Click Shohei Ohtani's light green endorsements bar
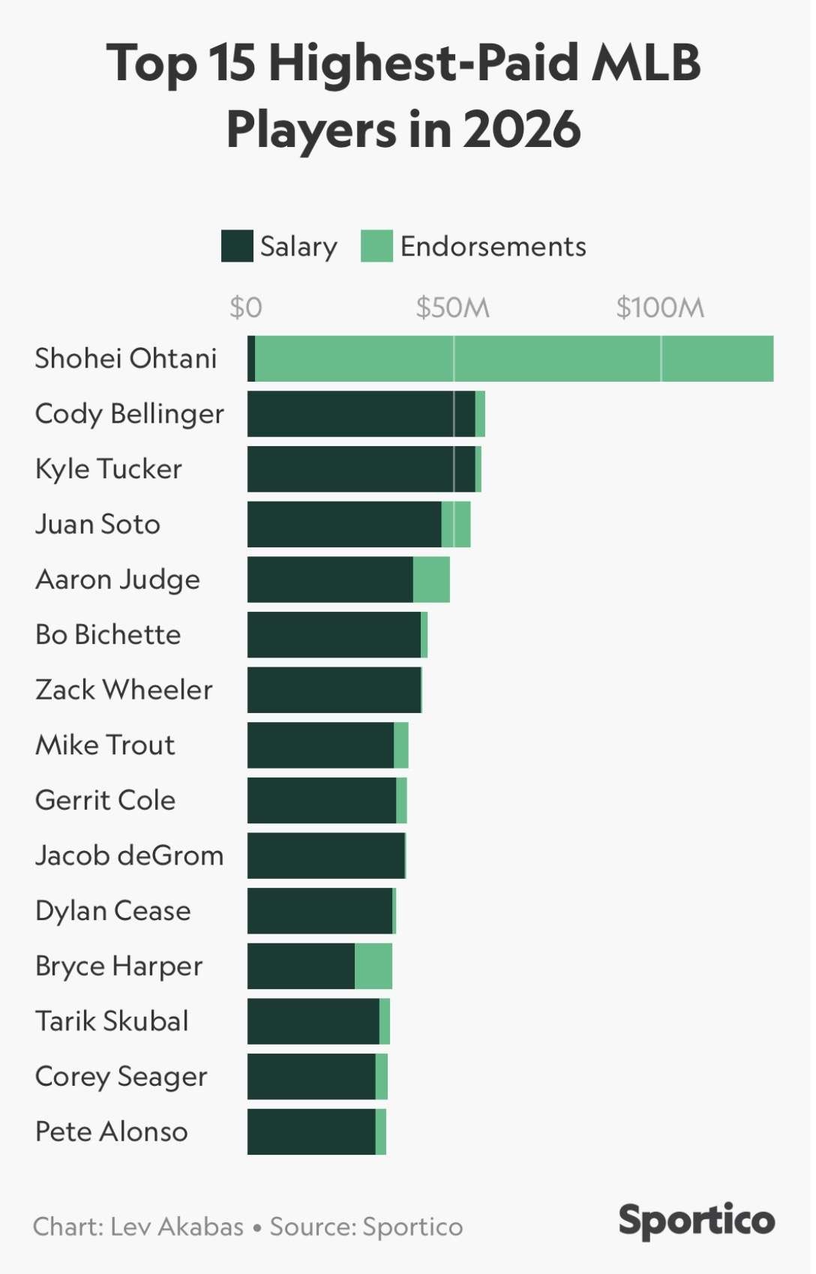click(x=514, y=358)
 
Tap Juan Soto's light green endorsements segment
click(x=456, y=524)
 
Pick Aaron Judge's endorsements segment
click(x=431, y=580)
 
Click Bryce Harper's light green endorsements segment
click(x=373, y=966)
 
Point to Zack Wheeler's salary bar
click(x=334, y=690)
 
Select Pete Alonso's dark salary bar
click(x=311, y=1132)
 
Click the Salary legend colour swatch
click(x=237, y=246)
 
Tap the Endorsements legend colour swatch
click(x=376, y=246)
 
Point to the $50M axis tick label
click(x=453, y=307)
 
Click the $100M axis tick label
click(x=660, y=307)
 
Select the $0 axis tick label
click(x=246, y=307)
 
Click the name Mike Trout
click(x=105, y=745)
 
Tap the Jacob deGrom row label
click(x=129, y=856)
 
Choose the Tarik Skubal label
click(x=112, y=1021)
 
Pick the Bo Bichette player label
click(x=108, y=634)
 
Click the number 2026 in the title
click(x=521, y=129)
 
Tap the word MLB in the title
click(x=646, y=62)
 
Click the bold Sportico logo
click(x=696, y=1220)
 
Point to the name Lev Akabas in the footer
click(x=177, y=1227)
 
